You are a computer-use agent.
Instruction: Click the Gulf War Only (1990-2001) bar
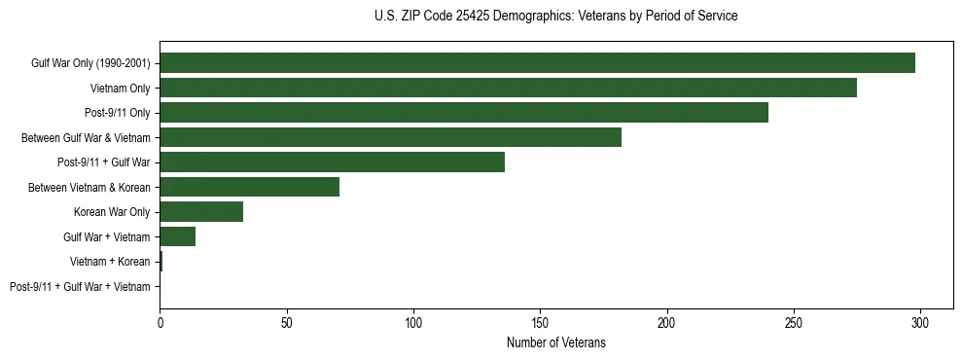pos(537,63)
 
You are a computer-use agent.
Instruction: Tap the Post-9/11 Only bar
pos(464,113)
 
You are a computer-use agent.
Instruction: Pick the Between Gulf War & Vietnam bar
pos(390,137)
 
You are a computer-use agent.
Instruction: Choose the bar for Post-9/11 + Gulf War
pos(332,162)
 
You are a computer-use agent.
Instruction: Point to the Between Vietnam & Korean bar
pos(249,187)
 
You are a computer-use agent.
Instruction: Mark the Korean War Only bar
pos(201,212)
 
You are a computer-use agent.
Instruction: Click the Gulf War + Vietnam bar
pos(177,236)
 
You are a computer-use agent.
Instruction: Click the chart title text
pos(555,17)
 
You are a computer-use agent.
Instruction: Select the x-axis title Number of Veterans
pos(555,342)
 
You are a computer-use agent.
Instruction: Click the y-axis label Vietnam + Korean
pos(110,262)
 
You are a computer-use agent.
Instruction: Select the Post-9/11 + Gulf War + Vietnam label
pos(80,287)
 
